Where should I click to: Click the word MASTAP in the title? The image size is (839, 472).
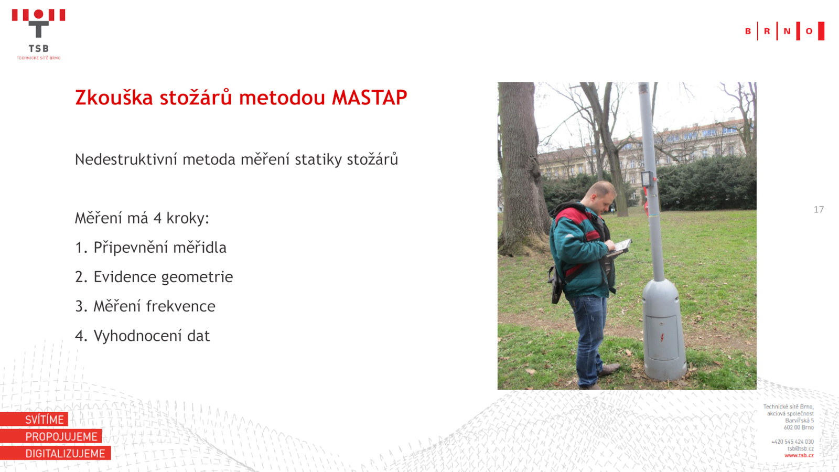pos(369,98)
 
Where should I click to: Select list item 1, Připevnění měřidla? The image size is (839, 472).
pos(150,248)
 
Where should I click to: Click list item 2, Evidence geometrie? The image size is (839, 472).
pos(154,277)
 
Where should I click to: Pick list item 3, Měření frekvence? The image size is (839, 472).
pos(145,306)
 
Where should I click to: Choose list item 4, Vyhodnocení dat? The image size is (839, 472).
pos(142,336)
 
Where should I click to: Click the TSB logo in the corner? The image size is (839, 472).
pos(39,34)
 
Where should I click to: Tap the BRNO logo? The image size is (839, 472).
pos(784,31)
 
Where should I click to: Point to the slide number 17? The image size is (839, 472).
pos(819,209)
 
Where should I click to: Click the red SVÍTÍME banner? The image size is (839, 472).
pos(34,419)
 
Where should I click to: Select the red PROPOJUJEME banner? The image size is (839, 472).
pos(51,436)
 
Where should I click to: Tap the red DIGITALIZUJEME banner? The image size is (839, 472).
pos(56,453)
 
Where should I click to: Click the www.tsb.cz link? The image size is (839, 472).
pos(799,456)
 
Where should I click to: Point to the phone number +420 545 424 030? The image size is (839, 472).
pos(792,442)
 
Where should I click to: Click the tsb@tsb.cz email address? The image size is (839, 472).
pos(800,448)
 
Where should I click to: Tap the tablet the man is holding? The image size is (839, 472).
pos(620,247)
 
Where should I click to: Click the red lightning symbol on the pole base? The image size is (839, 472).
pos(662,337)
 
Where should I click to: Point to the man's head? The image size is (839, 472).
pos(601,197)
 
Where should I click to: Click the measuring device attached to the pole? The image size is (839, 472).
pos(648,179)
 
